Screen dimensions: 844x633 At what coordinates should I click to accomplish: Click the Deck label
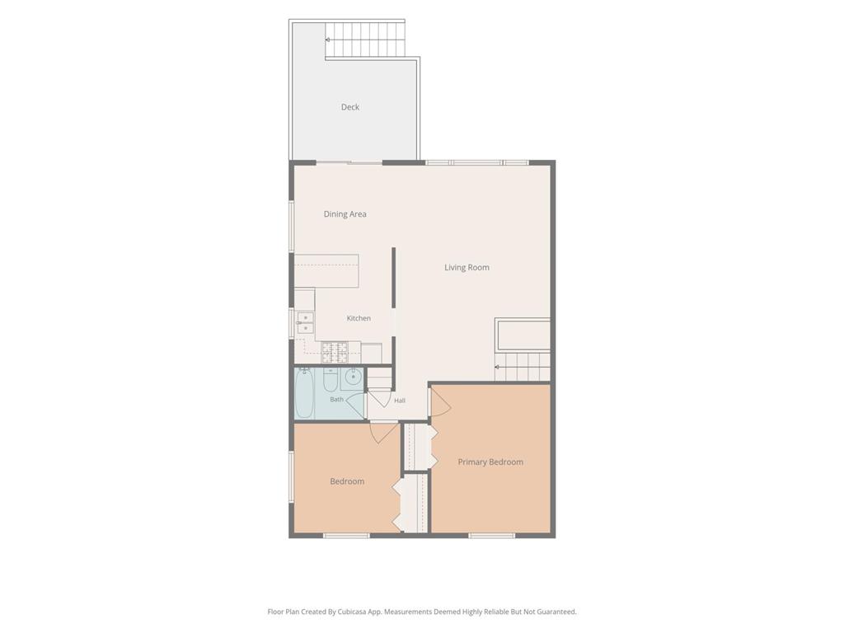point(349,107)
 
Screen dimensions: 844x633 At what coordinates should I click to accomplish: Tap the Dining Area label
point(345,213)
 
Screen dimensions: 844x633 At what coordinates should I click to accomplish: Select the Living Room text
point(467,268)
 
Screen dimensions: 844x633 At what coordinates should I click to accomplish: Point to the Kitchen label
point(359,318)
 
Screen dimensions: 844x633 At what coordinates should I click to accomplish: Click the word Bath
point(336,400)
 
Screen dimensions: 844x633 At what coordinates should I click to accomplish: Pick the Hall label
point(400,401)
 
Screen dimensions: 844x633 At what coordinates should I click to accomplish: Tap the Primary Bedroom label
point(490,462)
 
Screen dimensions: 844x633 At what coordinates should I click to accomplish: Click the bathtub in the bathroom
point(304,393)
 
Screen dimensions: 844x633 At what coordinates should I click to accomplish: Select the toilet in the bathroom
point(331,379)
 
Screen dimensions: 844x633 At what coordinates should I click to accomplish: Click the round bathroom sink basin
point(353,377)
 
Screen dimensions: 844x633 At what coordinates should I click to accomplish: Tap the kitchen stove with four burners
point(335,353)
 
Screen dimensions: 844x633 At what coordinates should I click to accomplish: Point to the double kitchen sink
point(305,323)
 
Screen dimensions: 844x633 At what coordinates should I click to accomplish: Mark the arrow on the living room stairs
point(497,367)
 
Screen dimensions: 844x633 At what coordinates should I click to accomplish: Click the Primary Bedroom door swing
point(440,401)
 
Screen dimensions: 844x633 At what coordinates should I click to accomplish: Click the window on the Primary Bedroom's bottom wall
point(491,536)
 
